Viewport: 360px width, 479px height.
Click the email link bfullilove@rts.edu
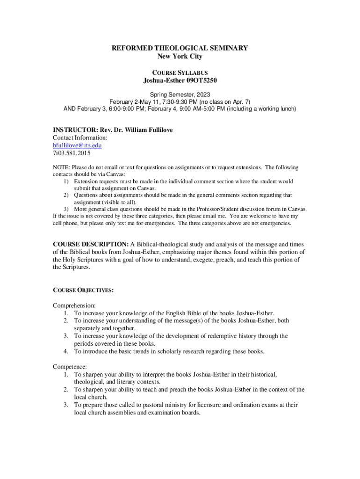77,145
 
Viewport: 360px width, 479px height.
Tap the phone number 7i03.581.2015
72,152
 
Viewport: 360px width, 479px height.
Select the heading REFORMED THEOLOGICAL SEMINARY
180,48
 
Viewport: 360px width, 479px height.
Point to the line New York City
180,57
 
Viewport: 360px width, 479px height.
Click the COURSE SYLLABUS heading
180,73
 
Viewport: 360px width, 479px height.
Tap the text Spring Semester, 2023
180,94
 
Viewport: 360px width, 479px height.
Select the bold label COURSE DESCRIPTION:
91,244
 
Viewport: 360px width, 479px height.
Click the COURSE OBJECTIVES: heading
83,290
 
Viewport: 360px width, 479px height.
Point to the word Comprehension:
74,305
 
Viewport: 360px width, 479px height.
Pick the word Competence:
70,367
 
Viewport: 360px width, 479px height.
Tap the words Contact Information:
80,138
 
